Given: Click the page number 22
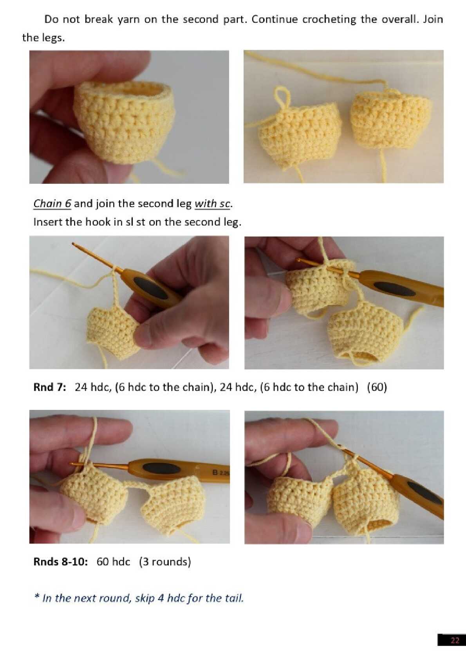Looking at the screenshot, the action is [x=455, y=640].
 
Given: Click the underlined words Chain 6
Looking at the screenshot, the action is [x=52, y=204].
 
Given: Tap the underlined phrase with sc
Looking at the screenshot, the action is [x=212, y=204].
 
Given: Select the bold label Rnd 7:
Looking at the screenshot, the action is [x=50, y=387].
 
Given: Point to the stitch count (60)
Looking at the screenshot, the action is [x=377, y=387].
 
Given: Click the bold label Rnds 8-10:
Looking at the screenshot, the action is [x=60, y=562].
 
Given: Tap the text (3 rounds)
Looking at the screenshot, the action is [x=165, y=562].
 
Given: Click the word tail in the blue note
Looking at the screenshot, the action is [x=234, y=598].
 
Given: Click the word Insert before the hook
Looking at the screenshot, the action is [x=48, y=222].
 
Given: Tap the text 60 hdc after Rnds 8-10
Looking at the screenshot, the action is [x=113, y=562].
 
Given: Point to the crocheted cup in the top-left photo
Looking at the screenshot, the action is [x=124, y=122].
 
